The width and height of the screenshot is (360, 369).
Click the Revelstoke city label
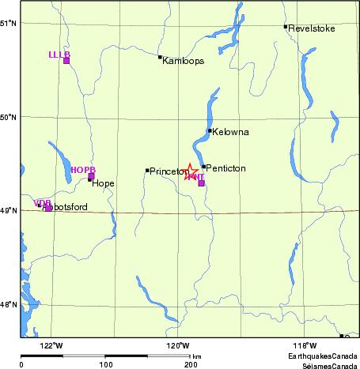pyautogui.click(x=312, y=28)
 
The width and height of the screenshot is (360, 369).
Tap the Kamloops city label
pyautogui.click(x=184, y=60)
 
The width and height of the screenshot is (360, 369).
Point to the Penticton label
pyautogui.click(x=226, y=168)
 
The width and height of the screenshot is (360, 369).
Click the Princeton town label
pyautogui.click(x=168, y=171)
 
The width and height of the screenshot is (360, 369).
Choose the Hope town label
pyautogui.click(x=103, y=183)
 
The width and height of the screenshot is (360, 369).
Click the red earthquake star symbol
pyautogui.click(x=191, y=171)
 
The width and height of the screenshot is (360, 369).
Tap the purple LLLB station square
pyautogui.click(x=66, y=60)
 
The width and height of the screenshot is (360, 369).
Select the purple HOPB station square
pyautogui.click(x=92, y=176)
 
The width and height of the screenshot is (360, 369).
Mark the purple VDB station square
pyautogui.click(x=48, y=208)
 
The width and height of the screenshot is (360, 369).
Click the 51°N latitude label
pyautogui.click(x=9, y=23)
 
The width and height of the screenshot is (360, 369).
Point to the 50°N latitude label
pyautogui.click(x=9, y=117)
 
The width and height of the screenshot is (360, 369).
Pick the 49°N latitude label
pyautogui.click(x=9, y=211)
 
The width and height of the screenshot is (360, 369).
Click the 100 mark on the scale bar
pyautogui.click(x=106, y=364)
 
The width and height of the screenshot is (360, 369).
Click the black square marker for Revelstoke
pyautogui.click(x=286, y=27)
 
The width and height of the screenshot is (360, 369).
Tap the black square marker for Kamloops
pyautogui.click(x=160, y=57)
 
